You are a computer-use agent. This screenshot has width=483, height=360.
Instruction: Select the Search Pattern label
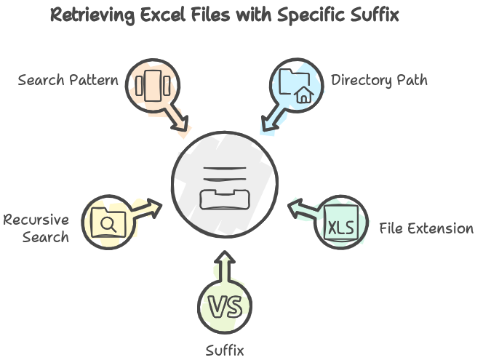pyautogui.click(x=68, y=80)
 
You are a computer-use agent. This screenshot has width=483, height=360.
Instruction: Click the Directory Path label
pyautogui.click(x=379, y=81)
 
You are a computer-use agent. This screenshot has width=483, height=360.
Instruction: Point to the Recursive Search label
pyautogui.click(x=36, y=228)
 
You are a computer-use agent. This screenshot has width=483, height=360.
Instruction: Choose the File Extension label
pyautogui.click(x=426, y=228)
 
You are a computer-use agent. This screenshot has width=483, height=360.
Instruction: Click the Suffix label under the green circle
pyautogui.click(x=225, y=351)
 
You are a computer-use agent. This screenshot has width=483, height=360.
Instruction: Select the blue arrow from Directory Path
pyautogui.click(x=273, y=118)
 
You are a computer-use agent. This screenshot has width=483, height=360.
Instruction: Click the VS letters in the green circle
pyautogui.click(x=225, y=306)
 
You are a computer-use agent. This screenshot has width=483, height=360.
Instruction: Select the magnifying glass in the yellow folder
pyautogui.click(x=108, y=224)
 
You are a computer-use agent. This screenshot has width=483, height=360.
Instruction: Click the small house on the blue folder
pyautogui.click(x=304, y=95)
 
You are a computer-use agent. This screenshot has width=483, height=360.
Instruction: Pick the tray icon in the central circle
pyautogui.click(x=225, y=199)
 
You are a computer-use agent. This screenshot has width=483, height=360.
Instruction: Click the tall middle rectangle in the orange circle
pyautogui.click(x=153, y=86)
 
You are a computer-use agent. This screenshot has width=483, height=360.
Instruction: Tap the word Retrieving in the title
pyautogui.click(x=92, y=15)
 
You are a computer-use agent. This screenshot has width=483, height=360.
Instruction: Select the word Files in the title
pyautogui.click(x=210, y=14)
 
